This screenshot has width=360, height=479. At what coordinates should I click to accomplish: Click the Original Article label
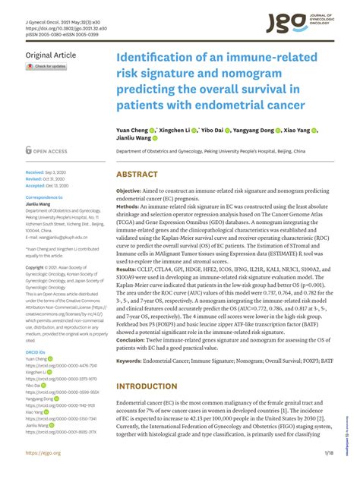pyautogui.click(x=51, y=55)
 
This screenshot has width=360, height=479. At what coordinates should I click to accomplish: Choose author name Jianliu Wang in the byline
pyautogui.click(x=134, y=139)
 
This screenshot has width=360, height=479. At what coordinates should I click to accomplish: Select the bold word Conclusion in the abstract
pyautogui.click(x=136, y=340)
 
